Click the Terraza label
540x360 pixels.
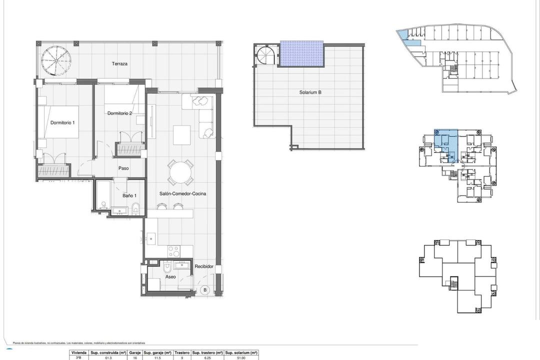[x=119, y=64]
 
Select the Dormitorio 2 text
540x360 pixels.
[x=119, y=113]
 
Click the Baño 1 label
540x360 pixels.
[x=129, y=195]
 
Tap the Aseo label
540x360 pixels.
[x=170, y=276]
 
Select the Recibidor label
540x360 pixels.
[x=204, y=266]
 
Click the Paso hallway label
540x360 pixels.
[x=123, y=168]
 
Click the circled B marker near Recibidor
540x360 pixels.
[x=204, y=289]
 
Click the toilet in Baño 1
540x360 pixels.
[x=136, y=208]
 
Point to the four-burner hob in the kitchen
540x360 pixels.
[x=173, y=250]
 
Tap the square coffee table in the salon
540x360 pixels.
[x=181, y=134]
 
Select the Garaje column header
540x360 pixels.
[x=134, y=352]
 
